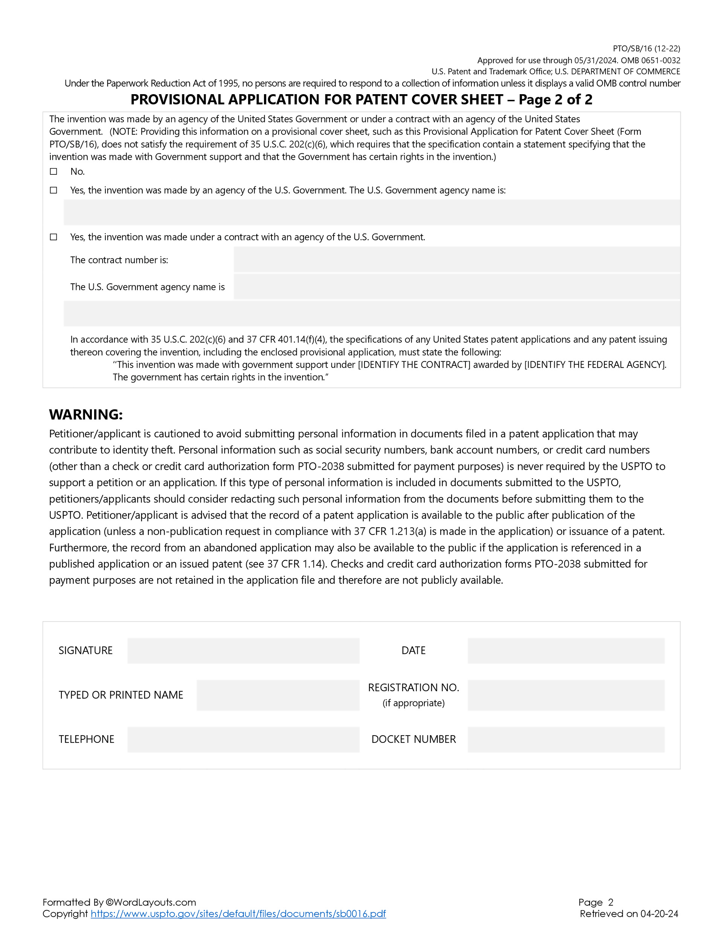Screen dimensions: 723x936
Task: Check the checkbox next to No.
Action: click(x=53, y=171)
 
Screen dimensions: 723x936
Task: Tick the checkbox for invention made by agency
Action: click(x=53, y=190)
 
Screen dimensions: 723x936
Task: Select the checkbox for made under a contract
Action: click(x=53, y=237)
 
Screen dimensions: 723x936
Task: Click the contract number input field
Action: click(x=456, y=260)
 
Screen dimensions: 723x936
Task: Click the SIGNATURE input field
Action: click(x=243, y=650)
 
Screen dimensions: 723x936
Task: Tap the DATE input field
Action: click(x=566, y=650)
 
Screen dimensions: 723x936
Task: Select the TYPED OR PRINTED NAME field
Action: click(x=278, y=695)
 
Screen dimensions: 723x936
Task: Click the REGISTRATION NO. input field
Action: click(x=566, y=695)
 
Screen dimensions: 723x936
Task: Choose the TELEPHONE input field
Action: click(x=243, y=739)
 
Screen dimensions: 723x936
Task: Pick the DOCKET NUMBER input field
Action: click(x=566, y=739)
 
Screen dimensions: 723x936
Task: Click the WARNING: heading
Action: click(x=86, y=414)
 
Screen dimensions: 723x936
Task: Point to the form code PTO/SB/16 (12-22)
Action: click(x=646, y=49)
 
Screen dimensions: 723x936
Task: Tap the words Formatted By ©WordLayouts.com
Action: click(x=119, y=902)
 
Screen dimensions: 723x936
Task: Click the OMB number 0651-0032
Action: click(x=660, y=60)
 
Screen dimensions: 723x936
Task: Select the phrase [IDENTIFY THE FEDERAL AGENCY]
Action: click(x=595, y=365)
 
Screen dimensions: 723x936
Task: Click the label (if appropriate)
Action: click(x=413, y=703)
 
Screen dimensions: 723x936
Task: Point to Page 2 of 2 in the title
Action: click(x=555, y=99)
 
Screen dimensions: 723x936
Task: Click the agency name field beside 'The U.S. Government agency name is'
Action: click(x=456, y=287)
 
